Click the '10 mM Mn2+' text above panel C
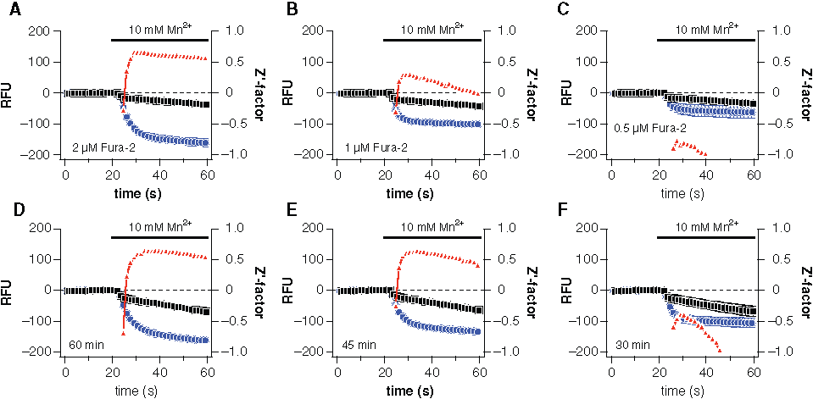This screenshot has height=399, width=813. (x=704, y=27)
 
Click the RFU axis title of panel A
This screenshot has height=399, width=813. (x=9, y=92)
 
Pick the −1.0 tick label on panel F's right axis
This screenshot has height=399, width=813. (x=777, y=352)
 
